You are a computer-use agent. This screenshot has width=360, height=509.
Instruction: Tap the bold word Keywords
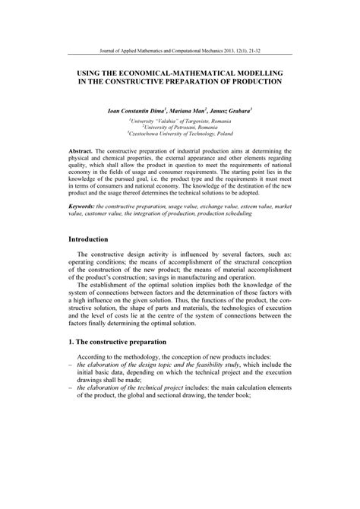point(84,206)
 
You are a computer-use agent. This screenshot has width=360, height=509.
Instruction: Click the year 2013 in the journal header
point(226,52)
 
